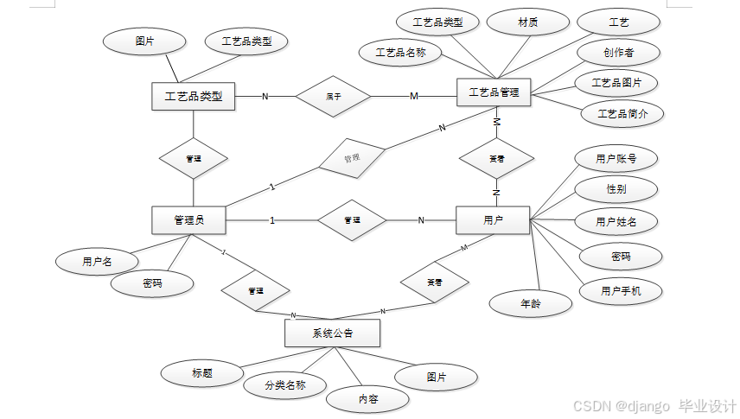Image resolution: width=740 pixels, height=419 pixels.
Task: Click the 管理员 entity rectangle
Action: [x=188, y=220]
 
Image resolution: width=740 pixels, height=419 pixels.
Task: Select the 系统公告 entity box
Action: [x=332, y=333]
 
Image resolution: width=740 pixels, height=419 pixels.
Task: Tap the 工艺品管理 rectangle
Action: [x=494, y=92]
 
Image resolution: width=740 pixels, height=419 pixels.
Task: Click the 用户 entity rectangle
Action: [x=493, y=220]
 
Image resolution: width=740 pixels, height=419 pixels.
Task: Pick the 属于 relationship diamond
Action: [x=333, y=96]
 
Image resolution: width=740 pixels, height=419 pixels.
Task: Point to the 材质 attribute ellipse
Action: [x=527, y=23]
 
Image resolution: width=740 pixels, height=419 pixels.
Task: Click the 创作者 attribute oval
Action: [x=618, y=53]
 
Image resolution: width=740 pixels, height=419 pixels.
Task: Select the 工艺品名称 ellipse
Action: [x=400, y=53]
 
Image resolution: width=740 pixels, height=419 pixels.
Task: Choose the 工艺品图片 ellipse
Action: [x=616, y=83]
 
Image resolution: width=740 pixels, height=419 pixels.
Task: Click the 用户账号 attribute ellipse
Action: [x=616, y=158]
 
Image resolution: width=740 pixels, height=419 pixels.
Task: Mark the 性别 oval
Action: [x=616, y=188]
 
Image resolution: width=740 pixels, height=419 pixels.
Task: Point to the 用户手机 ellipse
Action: [x=619, y=291]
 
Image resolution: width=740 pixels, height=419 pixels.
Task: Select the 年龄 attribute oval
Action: [x=531, y=303]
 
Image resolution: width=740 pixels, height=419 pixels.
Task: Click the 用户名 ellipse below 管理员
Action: [x=97, y=260]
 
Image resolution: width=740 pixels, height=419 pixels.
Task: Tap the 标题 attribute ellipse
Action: [x=202, y=373]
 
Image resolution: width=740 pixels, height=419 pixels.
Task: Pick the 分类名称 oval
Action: [x=285, y=385]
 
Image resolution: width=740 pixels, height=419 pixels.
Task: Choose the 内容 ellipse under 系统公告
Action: [x=367, y=399]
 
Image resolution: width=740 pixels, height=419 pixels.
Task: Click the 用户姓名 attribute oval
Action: [x=616, y=222]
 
